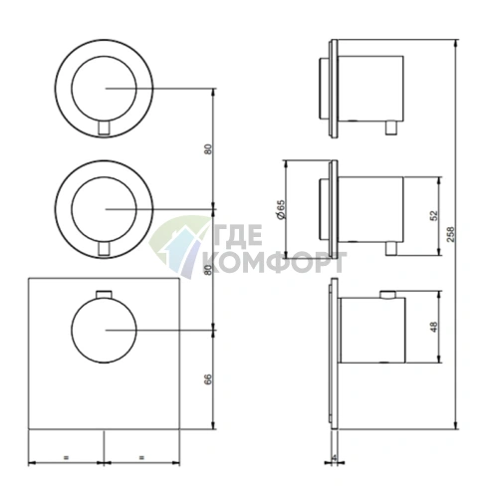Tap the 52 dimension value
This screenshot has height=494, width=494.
tap(433, 216)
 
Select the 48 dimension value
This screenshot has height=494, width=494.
tap(433, 327)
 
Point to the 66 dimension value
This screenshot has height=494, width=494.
tap(207, 379)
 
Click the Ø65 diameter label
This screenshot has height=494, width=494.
tap(281, 209)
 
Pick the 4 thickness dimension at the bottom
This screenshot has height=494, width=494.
tap(334, 457)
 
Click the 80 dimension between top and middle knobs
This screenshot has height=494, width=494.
tap(208, 148)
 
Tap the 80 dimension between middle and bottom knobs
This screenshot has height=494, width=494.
tap(208, 270)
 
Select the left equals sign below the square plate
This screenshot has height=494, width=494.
tap(66, 457)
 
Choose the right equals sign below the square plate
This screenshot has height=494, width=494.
tap(141, 457)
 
